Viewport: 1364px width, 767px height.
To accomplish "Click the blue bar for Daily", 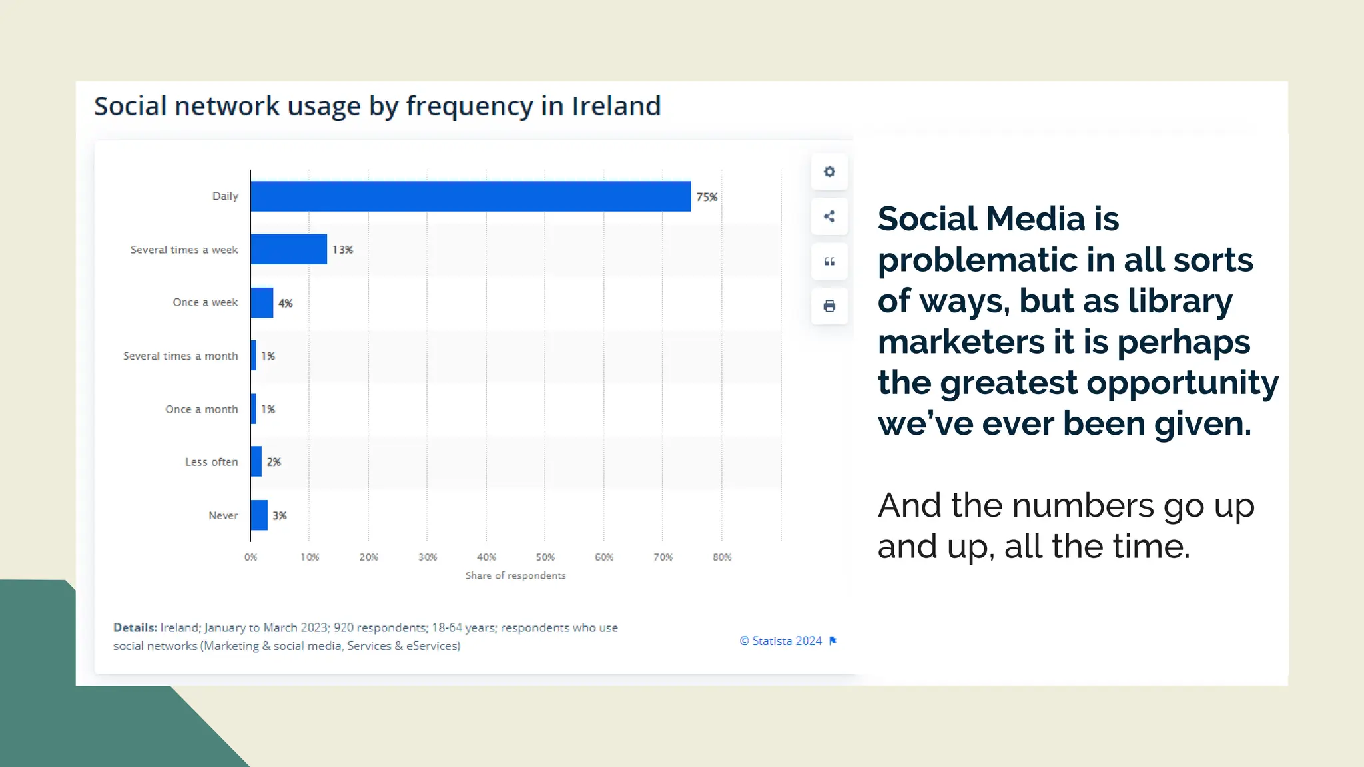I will [470, 196].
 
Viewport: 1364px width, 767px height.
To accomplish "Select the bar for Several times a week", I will [288, 249].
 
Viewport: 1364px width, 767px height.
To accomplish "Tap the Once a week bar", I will [262, 302].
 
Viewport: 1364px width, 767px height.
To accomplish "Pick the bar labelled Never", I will [259, 515].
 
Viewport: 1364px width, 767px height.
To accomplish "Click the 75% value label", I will [707, 197].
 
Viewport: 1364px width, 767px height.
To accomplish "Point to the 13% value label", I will [342, 250].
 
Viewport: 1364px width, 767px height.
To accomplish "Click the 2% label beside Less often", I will [274, 462].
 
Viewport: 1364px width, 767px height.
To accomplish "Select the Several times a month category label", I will [180, 356].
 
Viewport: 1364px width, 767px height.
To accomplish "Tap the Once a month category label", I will [201, 409].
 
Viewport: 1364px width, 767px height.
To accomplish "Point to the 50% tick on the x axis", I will [545, 557].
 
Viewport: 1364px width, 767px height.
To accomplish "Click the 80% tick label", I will [722, 557].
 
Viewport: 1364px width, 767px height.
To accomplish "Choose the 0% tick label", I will [250, 557].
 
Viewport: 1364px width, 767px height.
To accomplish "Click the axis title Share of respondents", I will [515, 575].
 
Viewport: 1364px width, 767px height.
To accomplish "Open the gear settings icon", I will [829, 172].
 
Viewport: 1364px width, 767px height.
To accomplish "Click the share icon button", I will [829, 216].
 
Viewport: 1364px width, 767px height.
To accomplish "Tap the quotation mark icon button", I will [829, 262].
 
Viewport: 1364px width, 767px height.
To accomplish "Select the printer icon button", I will [829, 306].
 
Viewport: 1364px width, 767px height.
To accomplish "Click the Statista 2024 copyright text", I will [781, 641].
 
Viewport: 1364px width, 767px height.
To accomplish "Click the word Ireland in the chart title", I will [616, 106].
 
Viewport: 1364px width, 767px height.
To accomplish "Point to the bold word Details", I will [135, 627].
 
